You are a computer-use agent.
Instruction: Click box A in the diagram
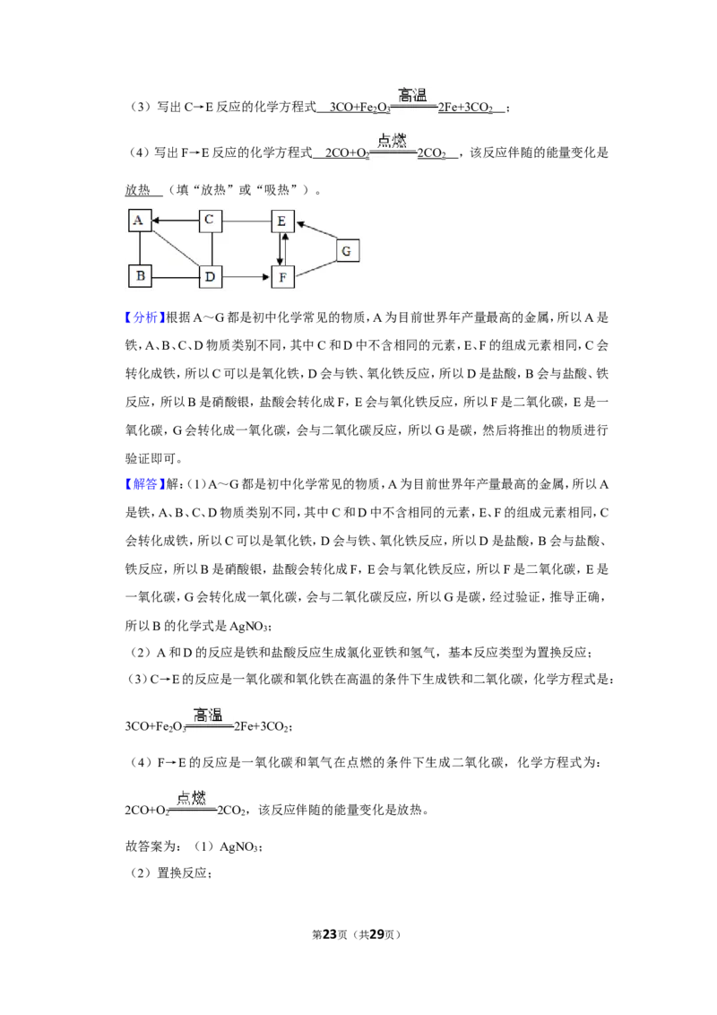point(140,220)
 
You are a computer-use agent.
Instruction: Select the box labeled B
point(140,276)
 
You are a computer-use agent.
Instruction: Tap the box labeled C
point(211,221)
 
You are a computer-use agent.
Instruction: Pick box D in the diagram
point(211,277)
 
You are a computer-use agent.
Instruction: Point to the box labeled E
point(283,221)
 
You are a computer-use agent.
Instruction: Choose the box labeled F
point(283,277)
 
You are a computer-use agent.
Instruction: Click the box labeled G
point(348,250)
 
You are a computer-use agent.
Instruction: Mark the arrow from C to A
point(176,221)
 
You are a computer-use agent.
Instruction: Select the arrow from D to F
point(246,277)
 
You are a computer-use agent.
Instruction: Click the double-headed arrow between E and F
point(282,249)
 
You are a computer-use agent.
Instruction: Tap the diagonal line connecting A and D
point(176,248)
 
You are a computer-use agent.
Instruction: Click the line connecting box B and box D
point(176,277)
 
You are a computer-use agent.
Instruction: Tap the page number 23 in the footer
point(330,934)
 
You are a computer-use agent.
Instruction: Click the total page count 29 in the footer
point(376,934)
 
